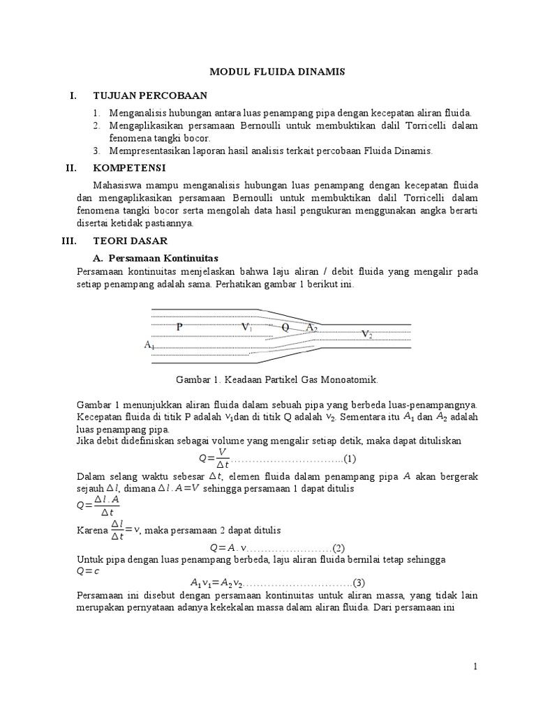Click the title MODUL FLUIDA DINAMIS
point(268,72)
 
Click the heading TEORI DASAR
point(130,241)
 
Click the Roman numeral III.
point(70,241)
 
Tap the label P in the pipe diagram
point(179,326)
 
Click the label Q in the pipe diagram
point(285,326)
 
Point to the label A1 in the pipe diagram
point(149,344)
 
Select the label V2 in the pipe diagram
point(366,335)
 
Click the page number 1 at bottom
point(475,667)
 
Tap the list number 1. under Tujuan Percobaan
point(96,112)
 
